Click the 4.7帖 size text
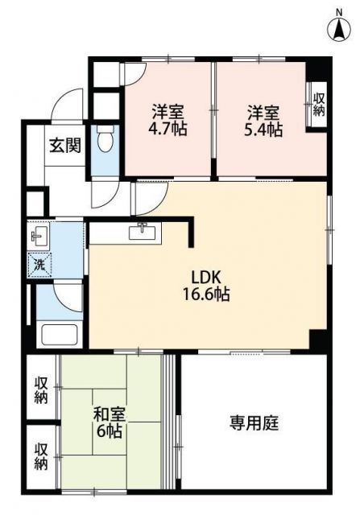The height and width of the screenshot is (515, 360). coord(168,129)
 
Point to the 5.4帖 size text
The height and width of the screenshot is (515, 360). coord(264,129)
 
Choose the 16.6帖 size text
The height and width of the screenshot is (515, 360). coord(205,295)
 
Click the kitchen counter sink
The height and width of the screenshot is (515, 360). coord(145,231)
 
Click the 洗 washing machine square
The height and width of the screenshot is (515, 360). coord(39,263)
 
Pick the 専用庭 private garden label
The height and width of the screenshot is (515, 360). coord(254,423)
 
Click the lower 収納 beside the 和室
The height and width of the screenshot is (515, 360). coord(41,455)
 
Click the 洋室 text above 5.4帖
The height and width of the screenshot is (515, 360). coord(263,112)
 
